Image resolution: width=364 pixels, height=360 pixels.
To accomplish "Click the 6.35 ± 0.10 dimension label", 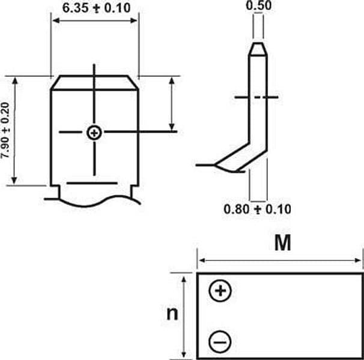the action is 96,8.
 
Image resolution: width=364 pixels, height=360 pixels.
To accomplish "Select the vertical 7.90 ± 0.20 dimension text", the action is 5,130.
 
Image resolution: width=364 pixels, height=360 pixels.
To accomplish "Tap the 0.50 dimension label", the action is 259,5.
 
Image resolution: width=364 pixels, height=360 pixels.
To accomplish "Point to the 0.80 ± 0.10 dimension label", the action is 257,209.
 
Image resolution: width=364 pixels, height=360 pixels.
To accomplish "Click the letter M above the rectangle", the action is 282,243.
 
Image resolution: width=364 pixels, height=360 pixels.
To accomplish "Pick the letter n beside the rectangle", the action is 172,314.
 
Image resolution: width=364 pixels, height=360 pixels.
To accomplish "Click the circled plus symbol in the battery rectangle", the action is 220,290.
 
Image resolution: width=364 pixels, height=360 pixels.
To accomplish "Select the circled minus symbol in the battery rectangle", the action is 220,342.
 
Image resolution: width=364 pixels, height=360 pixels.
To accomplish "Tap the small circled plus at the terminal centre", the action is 94,133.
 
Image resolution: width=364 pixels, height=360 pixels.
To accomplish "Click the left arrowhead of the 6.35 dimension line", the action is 55,20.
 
